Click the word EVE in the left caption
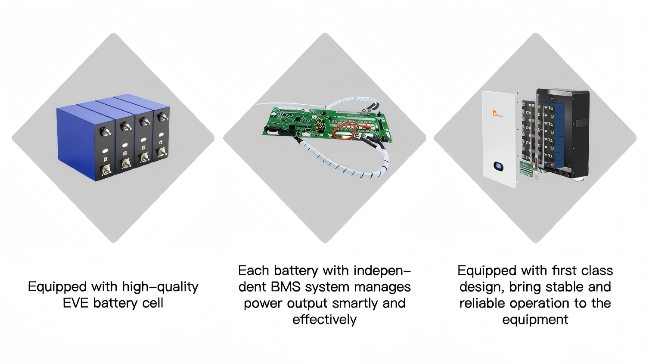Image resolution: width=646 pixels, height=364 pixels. coord(76,303)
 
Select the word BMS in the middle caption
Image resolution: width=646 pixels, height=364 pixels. coord(286,287)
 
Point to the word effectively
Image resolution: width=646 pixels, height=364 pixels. coord(324,320)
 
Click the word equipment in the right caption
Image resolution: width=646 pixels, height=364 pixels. coord(535,320)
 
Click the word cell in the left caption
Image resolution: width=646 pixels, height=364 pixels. coord(152,303)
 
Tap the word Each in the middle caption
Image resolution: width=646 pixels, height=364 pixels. coord(254,271)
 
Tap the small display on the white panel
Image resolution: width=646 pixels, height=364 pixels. coord(498,166)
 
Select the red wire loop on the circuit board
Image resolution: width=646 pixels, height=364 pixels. coord(344,131)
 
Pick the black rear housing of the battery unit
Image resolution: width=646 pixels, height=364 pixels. coord(577,129)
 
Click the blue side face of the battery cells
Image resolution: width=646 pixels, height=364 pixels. coord(75,142)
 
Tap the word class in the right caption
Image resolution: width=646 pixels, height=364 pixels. coord(597,271)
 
